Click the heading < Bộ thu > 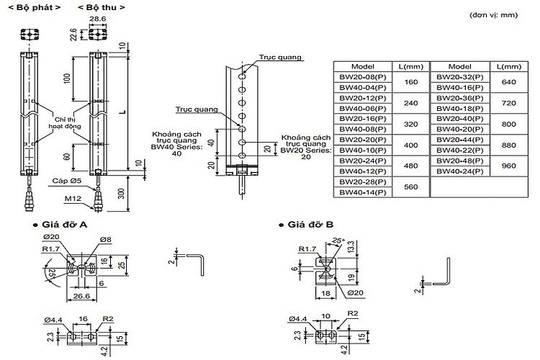(x=97, y=6)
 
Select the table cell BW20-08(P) (x=363, y=76)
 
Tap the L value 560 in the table (x=411, y=188)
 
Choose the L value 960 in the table (x=508, y=166)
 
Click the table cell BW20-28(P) (x=363, y=183)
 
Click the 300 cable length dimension (x=122, y=192)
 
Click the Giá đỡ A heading (x=67, y=225)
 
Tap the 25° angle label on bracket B (x=338, y=240)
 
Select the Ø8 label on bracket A (x=105, y=238)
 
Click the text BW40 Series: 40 (x=171, y=148)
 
